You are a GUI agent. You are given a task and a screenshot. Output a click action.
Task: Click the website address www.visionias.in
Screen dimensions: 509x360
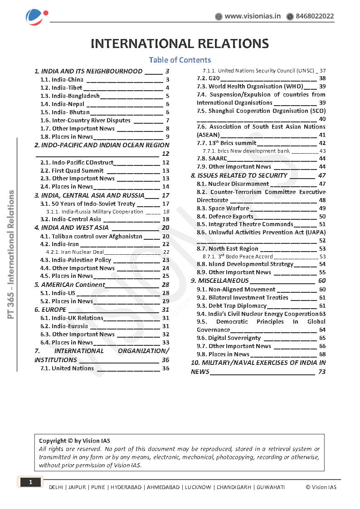point(253,16)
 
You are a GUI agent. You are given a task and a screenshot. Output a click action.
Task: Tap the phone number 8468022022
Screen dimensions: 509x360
point(315,16)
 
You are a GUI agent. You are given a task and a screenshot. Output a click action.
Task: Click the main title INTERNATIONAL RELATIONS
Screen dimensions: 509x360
point(180,44)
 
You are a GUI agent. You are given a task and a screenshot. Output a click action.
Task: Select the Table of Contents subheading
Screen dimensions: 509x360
point(180,60)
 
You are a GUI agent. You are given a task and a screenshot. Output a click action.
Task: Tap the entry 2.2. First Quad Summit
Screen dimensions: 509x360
point(72,170)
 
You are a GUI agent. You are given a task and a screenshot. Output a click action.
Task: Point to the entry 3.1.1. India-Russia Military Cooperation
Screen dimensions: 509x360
point(95,212)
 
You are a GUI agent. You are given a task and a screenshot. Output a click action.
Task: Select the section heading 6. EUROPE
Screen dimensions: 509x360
point(50,310)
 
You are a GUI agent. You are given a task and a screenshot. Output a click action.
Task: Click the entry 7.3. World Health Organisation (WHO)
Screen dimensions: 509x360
point(250,86)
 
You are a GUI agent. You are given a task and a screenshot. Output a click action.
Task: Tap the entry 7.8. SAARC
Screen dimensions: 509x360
point(211,159)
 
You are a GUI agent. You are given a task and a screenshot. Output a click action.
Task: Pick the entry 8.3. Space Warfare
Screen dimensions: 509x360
point(223,208)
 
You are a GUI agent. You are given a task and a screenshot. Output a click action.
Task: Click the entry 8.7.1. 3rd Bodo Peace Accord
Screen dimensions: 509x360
point(238,256)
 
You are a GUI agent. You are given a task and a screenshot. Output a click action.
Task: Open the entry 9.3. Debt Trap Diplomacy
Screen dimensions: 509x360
point(231,305)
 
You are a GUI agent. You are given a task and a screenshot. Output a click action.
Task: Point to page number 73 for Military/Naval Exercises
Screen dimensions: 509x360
point(321,372)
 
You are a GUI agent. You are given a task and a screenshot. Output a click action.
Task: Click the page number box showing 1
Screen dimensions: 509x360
point(30,482)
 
